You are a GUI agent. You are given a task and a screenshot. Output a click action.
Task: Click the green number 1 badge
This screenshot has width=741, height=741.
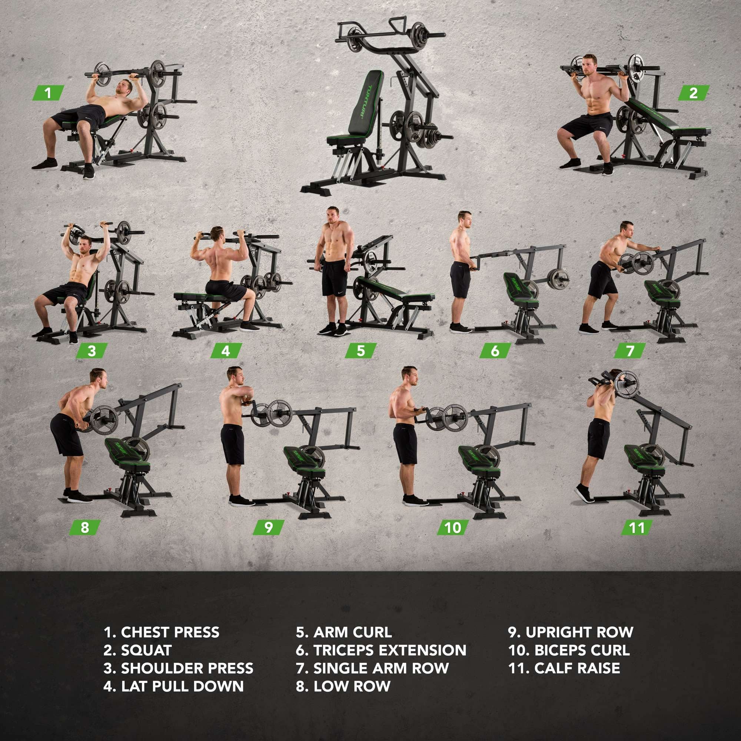[x=48, y=93]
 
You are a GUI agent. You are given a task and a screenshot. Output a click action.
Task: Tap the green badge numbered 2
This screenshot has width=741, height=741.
[x=694, y=93]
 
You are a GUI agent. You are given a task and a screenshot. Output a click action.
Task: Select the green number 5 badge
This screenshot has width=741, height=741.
[x=360, y=350]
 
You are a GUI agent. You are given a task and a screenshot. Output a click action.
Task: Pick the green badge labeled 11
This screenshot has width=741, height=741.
[x=637, y=528]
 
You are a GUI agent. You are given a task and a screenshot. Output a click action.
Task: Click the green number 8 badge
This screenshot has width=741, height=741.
[x=85, y=527]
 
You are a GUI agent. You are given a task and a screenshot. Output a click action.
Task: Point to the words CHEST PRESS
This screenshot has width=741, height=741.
[x=170, y=632]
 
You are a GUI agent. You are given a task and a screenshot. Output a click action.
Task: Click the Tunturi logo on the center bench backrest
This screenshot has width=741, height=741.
[x=362, y=102]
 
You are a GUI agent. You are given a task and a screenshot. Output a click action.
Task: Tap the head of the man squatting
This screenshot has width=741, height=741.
[x=589, y=65]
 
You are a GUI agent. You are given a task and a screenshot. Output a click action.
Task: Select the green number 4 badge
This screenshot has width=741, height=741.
[x=226, y=350]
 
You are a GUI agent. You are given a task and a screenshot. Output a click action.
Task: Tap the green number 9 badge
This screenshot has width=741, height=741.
[x=269, y=527]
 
